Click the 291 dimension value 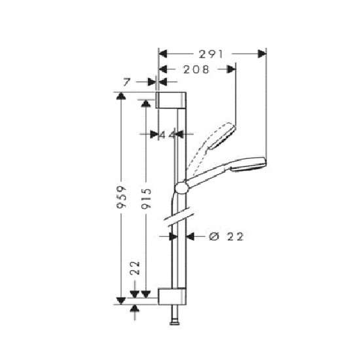click(x=211, y=54)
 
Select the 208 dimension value click(x=196, y=69)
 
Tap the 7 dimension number click(x=127, y=82)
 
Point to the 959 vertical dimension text click(x=121, y=197)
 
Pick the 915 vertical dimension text click(x=146, y=198)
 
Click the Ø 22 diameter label click(x=226, y=236)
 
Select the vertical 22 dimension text click(x=135, y=268)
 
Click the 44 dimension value click(x=168, y=135)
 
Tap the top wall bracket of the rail click(x=171, y=100)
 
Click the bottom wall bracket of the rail click(x=172, y=296)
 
